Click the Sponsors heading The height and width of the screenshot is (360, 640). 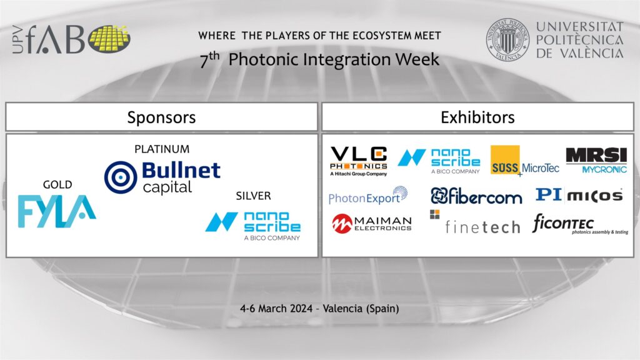click(162, 117)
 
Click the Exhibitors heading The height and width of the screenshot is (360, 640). click(477, 117)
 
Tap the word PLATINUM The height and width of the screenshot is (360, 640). click(162, 149)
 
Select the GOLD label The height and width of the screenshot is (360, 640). click(57, 184)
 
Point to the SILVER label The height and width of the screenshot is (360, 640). click(254, 196)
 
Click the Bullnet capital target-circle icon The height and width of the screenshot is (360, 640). click(121, 177)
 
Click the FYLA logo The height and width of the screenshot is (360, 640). click(57, 211)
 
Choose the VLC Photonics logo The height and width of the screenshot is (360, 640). click(358, 161)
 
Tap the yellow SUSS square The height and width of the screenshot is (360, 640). click(505, 159)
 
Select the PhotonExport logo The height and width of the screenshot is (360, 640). click(368, 196)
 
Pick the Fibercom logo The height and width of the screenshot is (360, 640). click(476, 196)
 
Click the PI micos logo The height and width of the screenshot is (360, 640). click(579, 195)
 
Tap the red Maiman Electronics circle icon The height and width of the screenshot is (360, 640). click(342, 224)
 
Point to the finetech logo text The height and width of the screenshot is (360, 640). click(482, 227)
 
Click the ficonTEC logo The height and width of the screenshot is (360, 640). click(580, 224)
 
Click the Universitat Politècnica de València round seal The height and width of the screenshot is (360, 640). click(507, 39)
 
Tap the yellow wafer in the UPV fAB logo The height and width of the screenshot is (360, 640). click(109, 39)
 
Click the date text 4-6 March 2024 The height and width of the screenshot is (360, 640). click(276, 309)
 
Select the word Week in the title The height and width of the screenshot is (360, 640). click(417, 59)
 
